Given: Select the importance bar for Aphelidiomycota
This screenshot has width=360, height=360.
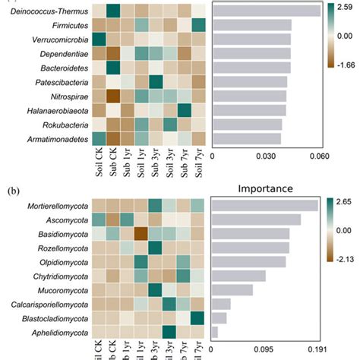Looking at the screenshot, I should tap(214, 332).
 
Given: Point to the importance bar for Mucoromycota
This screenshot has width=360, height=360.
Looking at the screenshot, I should tap(232, 289).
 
